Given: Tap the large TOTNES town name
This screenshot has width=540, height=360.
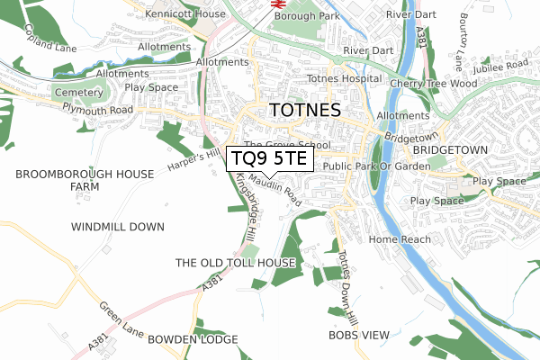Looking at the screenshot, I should click(x=305, y=112).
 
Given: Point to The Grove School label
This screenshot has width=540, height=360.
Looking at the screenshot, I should click(x=287, y=145).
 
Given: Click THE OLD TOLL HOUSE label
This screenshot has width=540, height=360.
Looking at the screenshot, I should click(x=235, y=263).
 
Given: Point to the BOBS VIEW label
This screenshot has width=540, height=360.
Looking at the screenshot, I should click(x=359, y=335).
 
